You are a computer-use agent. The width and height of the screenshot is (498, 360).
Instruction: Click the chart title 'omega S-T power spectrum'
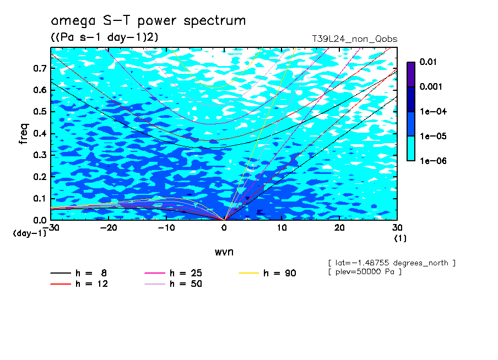[148, 21]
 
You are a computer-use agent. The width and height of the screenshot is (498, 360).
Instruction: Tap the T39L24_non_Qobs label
[354, 39]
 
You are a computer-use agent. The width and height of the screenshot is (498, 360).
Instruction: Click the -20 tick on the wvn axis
[108, 228]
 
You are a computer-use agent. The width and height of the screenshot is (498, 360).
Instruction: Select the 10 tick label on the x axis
[282, 228]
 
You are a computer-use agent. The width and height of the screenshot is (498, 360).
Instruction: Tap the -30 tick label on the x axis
[50, 228]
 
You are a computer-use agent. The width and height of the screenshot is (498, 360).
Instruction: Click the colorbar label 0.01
[428, 62]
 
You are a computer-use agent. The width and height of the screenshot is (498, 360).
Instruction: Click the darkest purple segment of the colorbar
[411, 74]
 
